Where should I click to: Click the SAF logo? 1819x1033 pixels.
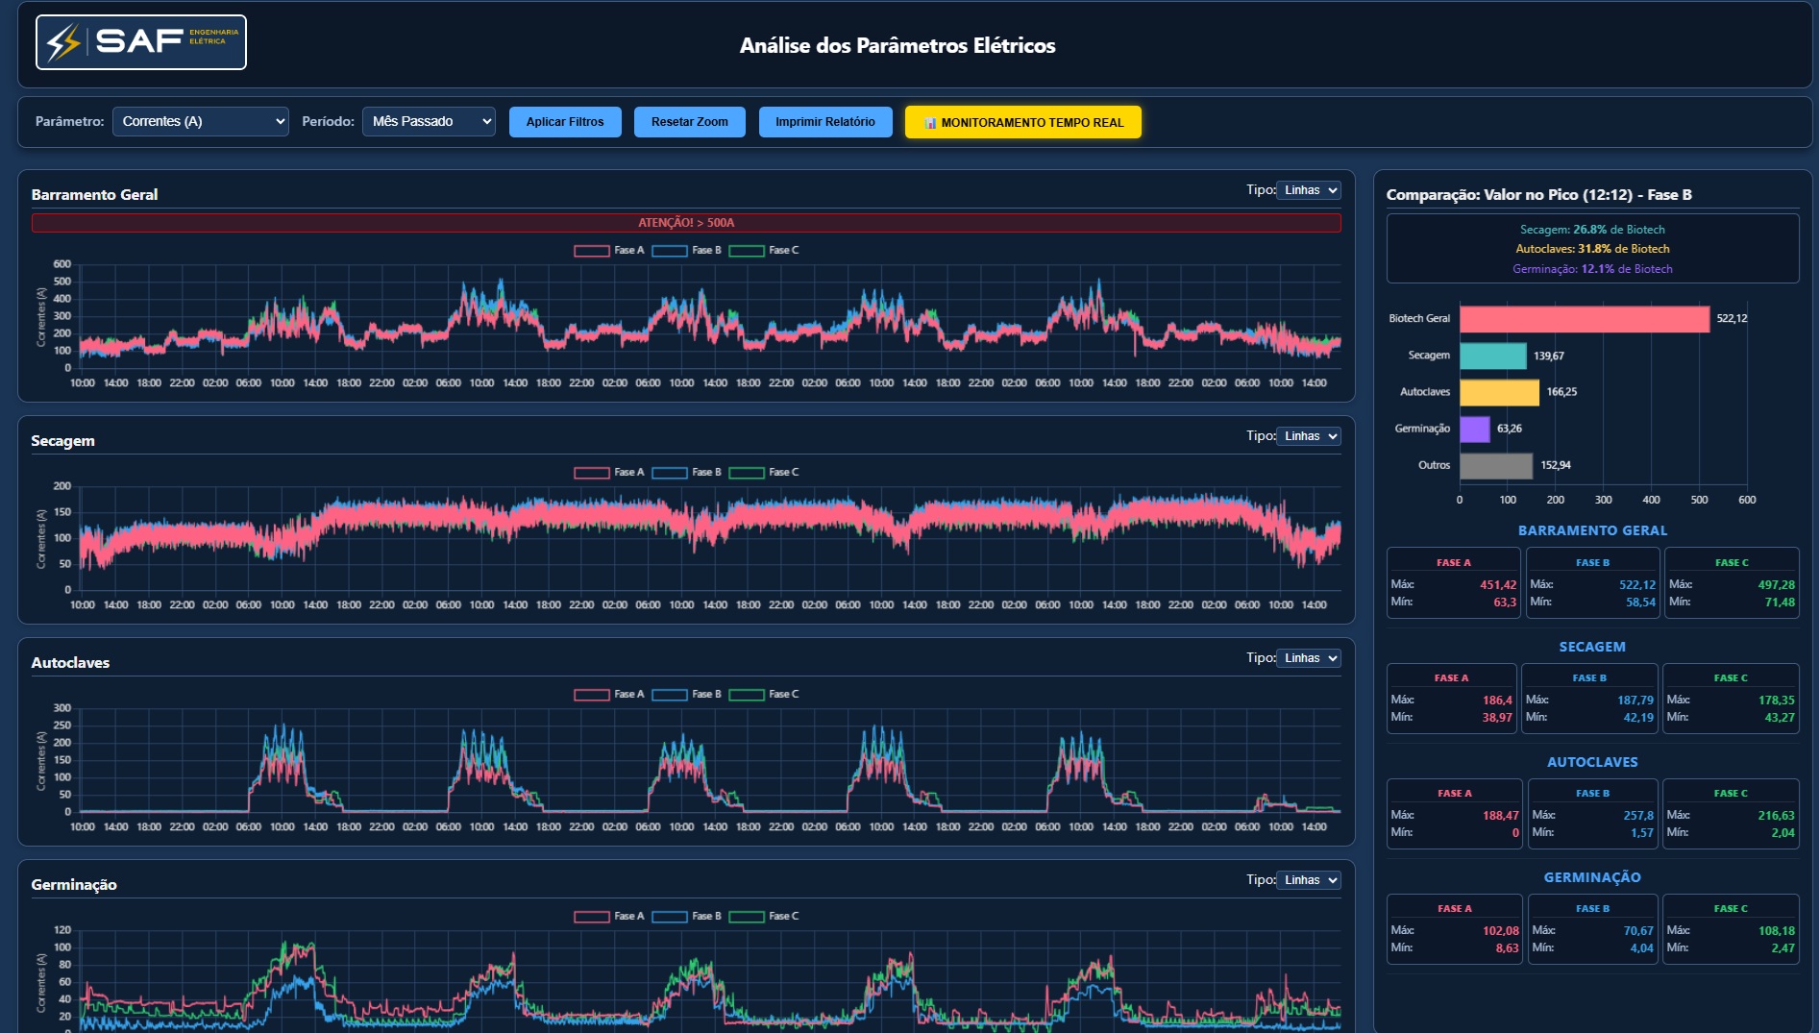coord(141,42)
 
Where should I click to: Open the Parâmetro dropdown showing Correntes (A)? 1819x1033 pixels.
coord(201,122)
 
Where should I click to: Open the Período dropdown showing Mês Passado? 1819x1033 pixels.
coord(429,122)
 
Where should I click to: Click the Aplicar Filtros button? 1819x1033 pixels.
coord(565,122)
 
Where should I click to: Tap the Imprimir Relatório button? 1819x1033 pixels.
coord(825,122)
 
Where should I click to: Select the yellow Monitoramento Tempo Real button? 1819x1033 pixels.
coord(1023,122)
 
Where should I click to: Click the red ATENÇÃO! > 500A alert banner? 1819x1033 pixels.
coord(686,223)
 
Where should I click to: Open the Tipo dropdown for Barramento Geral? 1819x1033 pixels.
coord(1309,190)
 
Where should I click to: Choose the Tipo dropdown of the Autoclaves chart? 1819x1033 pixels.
coord(1309,658)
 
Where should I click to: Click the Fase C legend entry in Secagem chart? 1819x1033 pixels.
coord(764,473)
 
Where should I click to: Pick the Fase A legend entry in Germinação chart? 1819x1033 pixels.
coord(609,917)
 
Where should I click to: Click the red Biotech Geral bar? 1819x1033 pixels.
coord(1585,319)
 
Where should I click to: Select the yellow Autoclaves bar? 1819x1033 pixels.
coord(1499,392)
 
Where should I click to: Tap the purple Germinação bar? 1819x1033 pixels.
coord(1475,429)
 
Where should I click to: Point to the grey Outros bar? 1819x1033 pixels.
coord(1496,465)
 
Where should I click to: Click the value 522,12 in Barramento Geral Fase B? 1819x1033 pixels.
coord(1637,584)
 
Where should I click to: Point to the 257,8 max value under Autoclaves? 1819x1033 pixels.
coord(1638,815)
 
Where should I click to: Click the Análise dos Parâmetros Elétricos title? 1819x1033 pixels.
coord(897,45)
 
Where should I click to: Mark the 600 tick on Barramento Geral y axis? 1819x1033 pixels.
coord(62,264)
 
